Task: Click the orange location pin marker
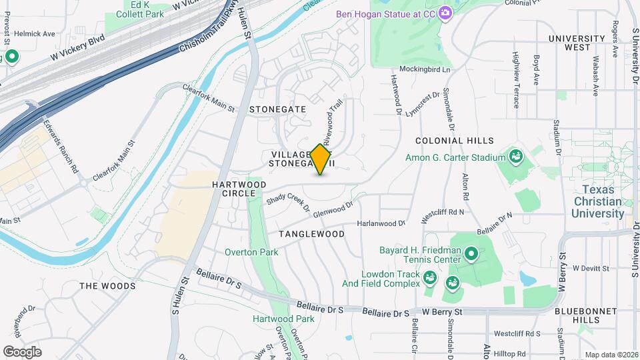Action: click(x=321, y=159)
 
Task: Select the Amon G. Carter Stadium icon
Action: click(x=515, y=157)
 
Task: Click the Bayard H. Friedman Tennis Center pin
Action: click(x=471, y=253)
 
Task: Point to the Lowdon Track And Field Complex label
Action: click(x=391, y=279)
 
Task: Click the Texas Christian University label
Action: click(x=597, y=201)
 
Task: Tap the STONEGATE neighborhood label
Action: click(x=277, y=109)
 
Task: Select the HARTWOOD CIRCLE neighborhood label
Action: click(x=239, y=189)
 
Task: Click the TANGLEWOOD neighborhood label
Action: click(x=311, y=234)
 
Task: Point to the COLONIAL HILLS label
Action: click(x=454, y=141)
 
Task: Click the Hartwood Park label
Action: click(x=283, y=319)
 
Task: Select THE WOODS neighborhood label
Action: click(x=107, y=286)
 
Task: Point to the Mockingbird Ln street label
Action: click(x=425, y=69)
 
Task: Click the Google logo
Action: click(x=23, y=351)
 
